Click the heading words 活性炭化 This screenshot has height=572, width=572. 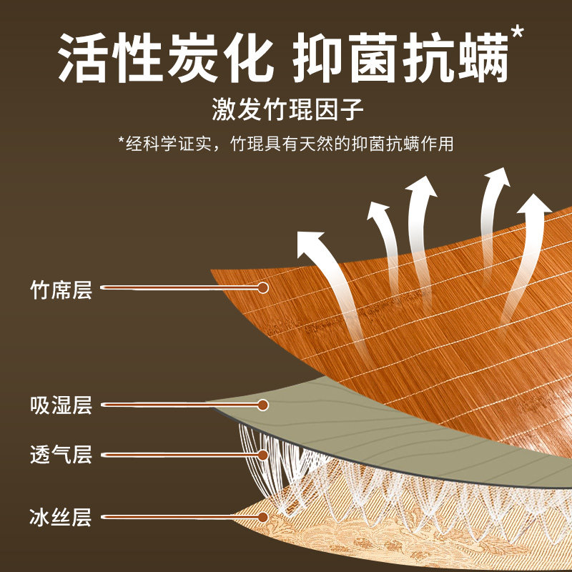166,58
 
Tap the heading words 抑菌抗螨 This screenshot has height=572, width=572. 401,58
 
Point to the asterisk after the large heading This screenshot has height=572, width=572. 518,32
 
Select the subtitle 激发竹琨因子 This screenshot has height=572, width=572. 287,109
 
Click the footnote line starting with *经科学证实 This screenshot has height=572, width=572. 285,144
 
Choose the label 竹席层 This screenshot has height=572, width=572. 61,290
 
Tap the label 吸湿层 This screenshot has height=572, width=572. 61,405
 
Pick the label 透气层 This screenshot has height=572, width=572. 61,455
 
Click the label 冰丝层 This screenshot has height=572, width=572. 61,517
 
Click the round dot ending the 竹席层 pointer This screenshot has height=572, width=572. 262,288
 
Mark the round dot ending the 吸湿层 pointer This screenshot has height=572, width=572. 262,405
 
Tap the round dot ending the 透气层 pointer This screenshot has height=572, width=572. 262,455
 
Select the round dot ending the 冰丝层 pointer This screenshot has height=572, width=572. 262,517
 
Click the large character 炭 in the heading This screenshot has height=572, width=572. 193,58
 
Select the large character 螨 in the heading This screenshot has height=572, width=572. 483,58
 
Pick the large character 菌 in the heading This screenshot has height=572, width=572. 373,58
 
